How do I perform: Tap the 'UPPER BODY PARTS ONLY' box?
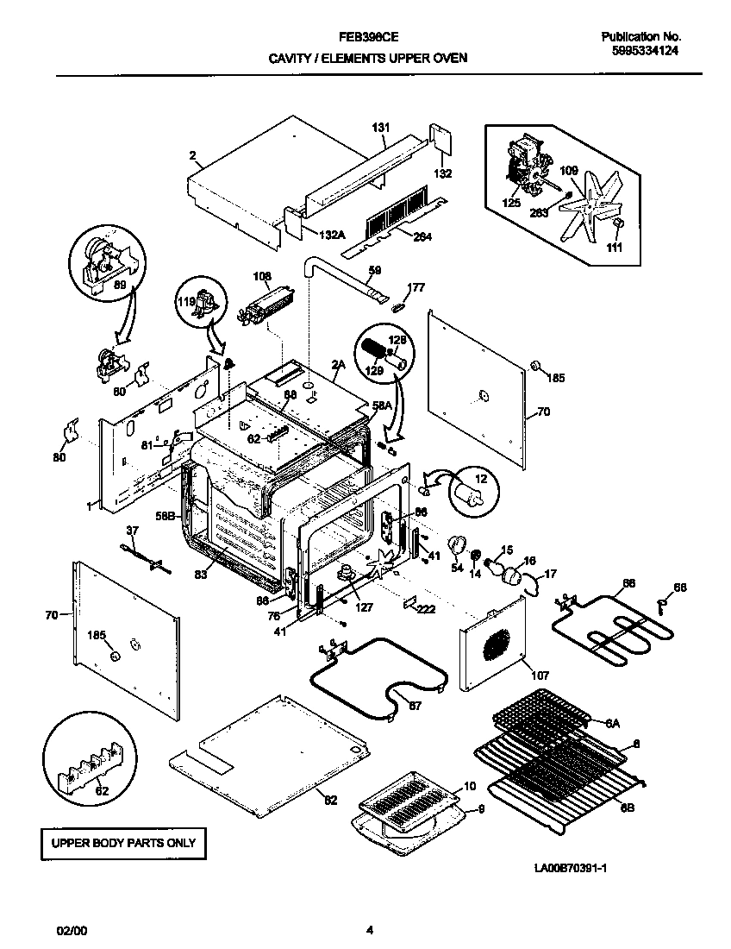click(124, 843)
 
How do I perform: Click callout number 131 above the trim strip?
click(380, 128)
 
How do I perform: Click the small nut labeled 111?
click(617, 225)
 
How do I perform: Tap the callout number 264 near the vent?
click(422, 237)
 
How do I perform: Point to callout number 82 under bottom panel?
click(330, 799)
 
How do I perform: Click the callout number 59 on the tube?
click(374, 271)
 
